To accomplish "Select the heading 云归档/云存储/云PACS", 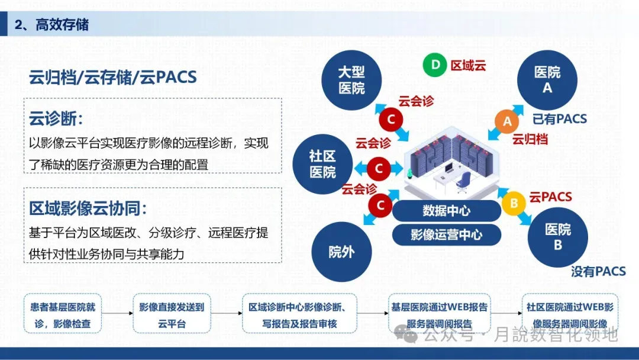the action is tap(112, 78).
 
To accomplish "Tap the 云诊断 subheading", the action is tap(56, 118).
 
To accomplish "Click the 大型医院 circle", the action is tap(351, 80).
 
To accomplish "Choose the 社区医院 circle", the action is tap(322, 164).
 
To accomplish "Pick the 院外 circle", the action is tap(341, 252).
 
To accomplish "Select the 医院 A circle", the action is tap(547, 80).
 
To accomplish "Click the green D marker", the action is tap(435, 65).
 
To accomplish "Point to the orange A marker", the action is tap(506, 122).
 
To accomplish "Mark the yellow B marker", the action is tap(514, 203).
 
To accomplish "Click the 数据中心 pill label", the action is tap(446, 210).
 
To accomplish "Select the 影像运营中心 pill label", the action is tap(446, 234).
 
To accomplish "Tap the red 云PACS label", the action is tap(550, 197).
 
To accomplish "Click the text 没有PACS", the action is tap(598, 271).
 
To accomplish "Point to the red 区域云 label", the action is tap(468, 65).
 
